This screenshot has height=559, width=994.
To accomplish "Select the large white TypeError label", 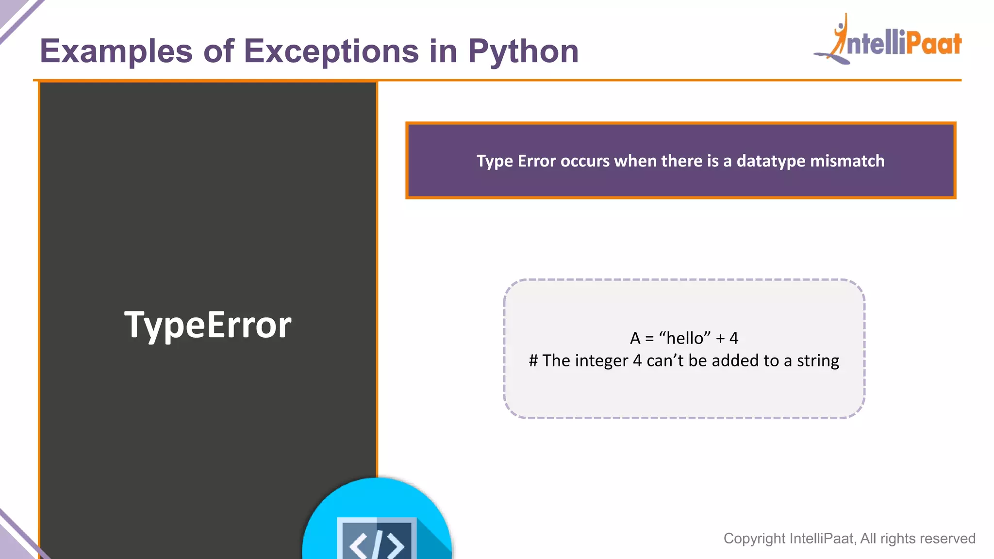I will point(208,325).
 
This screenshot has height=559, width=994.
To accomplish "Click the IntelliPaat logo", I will point(888,41).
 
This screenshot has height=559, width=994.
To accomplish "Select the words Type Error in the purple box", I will point(516,161).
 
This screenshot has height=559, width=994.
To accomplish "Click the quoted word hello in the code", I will point(685,338).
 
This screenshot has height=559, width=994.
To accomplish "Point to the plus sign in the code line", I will point(720,338).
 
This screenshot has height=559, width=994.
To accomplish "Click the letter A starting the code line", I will point(635,338).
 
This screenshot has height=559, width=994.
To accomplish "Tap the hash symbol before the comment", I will point(533,361).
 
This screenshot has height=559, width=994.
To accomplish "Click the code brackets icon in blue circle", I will point(377,539).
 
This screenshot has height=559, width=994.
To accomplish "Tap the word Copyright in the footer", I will point(754,538).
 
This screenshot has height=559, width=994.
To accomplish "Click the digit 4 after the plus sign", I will point(734,338).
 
